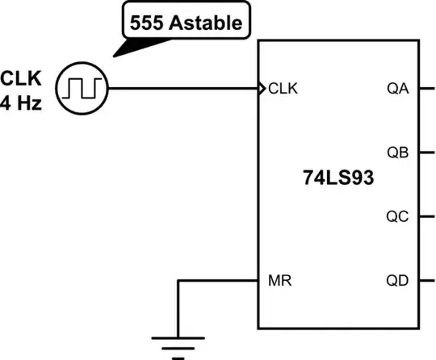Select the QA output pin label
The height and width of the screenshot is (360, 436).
tap(399, 88)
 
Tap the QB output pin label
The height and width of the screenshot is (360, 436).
tap(399, 153)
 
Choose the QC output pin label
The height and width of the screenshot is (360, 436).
tap(399, 216)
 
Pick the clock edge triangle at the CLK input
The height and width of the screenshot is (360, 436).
tap(261, 87)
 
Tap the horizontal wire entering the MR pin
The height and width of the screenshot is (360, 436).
tap(218, 281)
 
